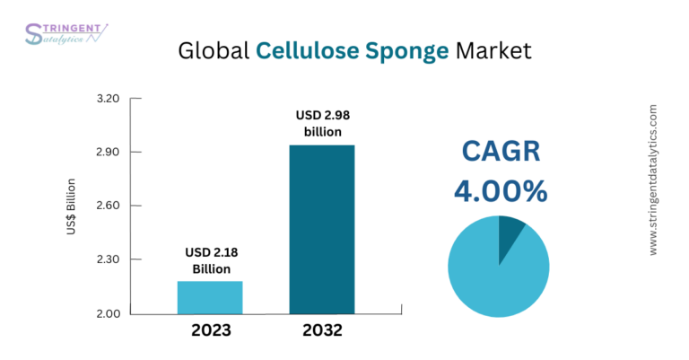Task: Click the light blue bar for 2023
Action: [210, 297]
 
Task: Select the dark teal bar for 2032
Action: [322, 230]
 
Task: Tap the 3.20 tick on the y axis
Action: [108, 99]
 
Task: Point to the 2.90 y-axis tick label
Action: [108, 152]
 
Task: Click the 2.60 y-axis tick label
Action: [108, 206]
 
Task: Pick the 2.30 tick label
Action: [108, 259]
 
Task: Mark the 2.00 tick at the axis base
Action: [108, 313]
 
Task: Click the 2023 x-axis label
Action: [211, 330]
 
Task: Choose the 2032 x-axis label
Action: [323, 330]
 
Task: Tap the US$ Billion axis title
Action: [71, 206]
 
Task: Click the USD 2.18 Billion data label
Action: [212, 260]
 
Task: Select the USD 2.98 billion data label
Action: [323, 124]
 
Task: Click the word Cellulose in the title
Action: [308, 50]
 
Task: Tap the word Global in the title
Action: [214, 50]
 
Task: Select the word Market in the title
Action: [493, 50]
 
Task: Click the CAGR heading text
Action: [501, 151]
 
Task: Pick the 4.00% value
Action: [501, 191]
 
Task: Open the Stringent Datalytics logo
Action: [65, 34]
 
